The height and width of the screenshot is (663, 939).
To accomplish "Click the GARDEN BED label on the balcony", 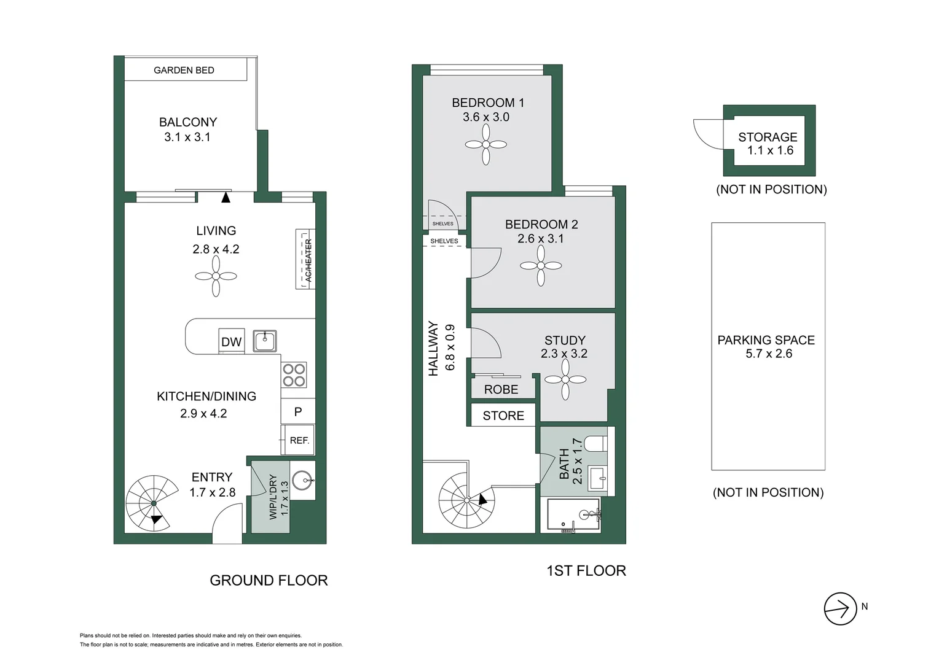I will (x=184, y=70).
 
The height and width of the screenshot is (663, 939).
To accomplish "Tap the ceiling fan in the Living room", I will (x=216, y=276).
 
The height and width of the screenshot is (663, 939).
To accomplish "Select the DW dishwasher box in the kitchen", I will (x=231, y=341).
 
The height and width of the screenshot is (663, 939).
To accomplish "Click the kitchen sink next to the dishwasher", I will (x=265, y=341).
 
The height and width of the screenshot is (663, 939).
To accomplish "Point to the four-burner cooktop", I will (x=294, y=374).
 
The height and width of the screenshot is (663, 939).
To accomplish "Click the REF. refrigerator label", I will (x=299, y=440).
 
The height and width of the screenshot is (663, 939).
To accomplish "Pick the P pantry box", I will (x=298, y=412).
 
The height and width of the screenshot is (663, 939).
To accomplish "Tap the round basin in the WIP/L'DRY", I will (x=303, y=480).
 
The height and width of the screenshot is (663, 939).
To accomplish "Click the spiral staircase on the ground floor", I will (x=152, y=503).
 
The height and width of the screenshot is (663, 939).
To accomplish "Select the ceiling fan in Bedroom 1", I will (x=485, y=145).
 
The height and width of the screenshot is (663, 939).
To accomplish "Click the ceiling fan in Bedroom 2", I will (x=541, y=266).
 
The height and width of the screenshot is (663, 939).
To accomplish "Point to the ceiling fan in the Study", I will (x=565, y=379).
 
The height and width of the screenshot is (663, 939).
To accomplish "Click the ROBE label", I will (x=501, y=389).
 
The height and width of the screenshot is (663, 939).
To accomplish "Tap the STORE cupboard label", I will (x=503, y=416).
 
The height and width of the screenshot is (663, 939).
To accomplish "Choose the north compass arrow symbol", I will (x=840, y=609).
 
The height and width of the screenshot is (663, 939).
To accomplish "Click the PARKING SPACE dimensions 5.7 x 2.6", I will (x=768, y=354).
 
